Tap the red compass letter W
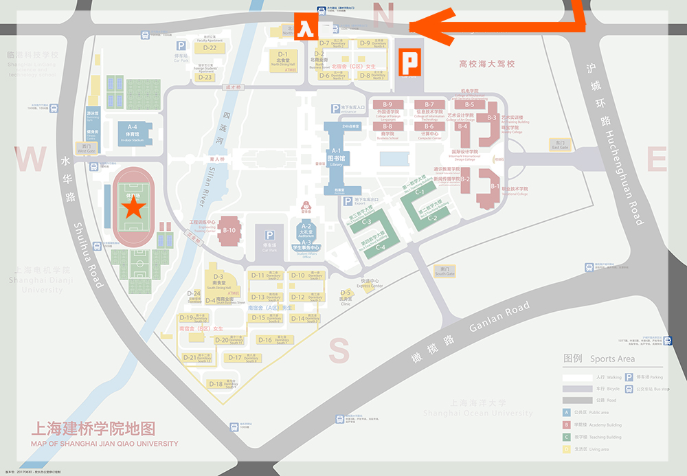31,160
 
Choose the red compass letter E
657,160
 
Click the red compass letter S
339,350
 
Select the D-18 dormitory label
216,384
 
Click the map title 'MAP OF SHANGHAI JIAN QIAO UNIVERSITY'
104,444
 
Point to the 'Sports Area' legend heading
612,359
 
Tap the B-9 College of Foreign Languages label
387,104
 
